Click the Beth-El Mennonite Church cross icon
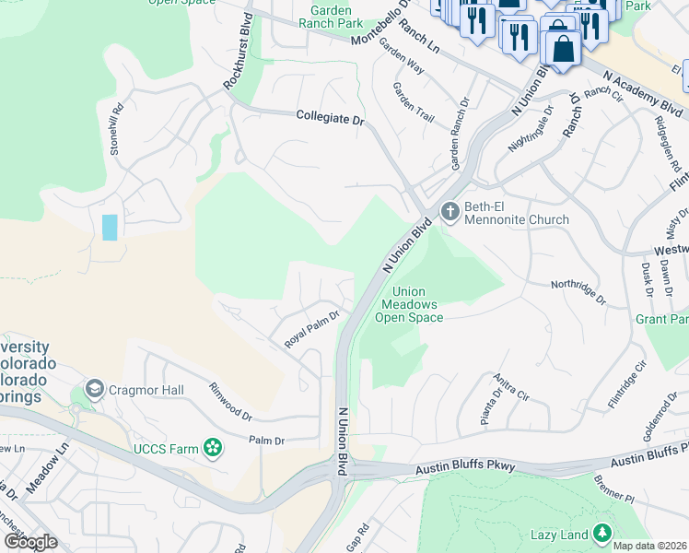450,211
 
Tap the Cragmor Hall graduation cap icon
94,391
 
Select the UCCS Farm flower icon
214,448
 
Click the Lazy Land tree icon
601,534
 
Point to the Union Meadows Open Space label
409,305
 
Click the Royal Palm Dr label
311,329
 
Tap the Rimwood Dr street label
229,401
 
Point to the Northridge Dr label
578,292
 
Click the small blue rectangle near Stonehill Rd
110,227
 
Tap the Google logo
30,541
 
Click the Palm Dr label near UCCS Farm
266,441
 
